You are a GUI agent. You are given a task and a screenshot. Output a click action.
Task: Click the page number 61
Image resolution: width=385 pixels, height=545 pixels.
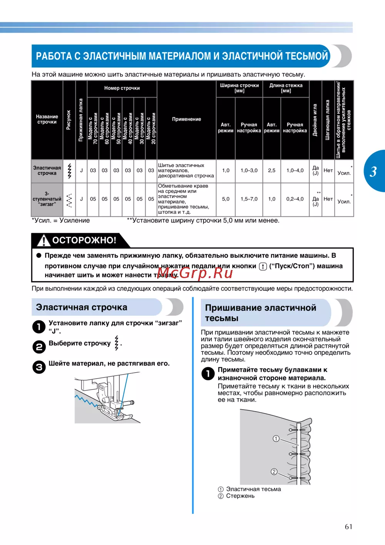[348, 526]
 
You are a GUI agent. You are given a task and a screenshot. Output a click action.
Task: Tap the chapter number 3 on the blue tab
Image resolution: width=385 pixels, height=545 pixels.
[373, 172]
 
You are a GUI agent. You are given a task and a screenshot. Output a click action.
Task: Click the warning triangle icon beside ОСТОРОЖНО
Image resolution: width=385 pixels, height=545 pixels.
[44, 240]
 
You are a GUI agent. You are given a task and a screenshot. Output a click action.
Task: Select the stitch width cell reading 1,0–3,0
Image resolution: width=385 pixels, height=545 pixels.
[249, 170]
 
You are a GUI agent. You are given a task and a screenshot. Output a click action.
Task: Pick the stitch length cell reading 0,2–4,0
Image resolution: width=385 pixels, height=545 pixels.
[295, 199]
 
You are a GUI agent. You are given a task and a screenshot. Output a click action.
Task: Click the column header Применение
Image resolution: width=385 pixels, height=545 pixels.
[186, 119]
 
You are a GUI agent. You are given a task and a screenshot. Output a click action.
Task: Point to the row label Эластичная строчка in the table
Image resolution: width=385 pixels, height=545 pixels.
[47, 170]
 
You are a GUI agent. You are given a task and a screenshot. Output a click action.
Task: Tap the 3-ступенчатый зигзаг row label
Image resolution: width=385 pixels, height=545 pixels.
[47, 199]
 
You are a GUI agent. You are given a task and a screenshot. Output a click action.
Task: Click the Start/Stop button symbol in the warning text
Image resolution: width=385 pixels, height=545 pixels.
[263, 266]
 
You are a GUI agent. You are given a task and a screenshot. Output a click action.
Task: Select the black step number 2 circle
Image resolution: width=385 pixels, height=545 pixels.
[39, 347]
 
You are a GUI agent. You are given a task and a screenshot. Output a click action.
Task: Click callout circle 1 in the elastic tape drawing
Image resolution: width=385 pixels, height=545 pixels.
[276, 439]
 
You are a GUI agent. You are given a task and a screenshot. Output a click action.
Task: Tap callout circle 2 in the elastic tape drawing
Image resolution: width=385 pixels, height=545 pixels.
[274, 471]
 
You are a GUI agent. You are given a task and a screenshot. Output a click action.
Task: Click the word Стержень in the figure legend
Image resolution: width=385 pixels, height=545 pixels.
[240, 496]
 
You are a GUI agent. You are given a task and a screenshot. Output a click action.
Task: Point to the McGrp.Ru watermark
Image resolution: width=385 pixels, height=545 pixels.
[195, 273]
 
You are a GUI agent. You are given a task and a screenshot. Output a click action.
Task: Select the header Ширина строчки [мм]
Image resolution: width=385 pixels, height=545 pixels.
[239, 88]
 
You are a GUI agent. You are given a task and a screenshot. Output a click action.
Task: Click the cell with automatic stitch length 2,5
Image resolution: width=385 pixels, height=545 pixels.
[271, 170]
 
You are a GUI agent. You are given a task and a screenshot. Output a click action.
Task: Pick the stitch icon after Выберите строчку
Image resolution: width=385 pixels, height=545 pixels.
[117, 343]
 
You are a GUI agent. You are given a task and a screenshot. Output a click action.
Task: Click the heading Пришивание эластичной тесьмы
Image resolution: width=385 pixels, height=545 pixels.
[261, 313]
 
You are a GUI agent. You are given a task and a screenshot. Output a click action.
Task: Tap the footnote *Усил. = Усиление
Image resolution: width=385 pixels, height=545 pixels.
[61, 221]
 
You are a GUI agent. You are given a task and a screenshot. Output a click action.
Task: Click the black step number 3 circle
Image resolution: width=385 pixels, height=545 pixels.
[39, 367]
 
